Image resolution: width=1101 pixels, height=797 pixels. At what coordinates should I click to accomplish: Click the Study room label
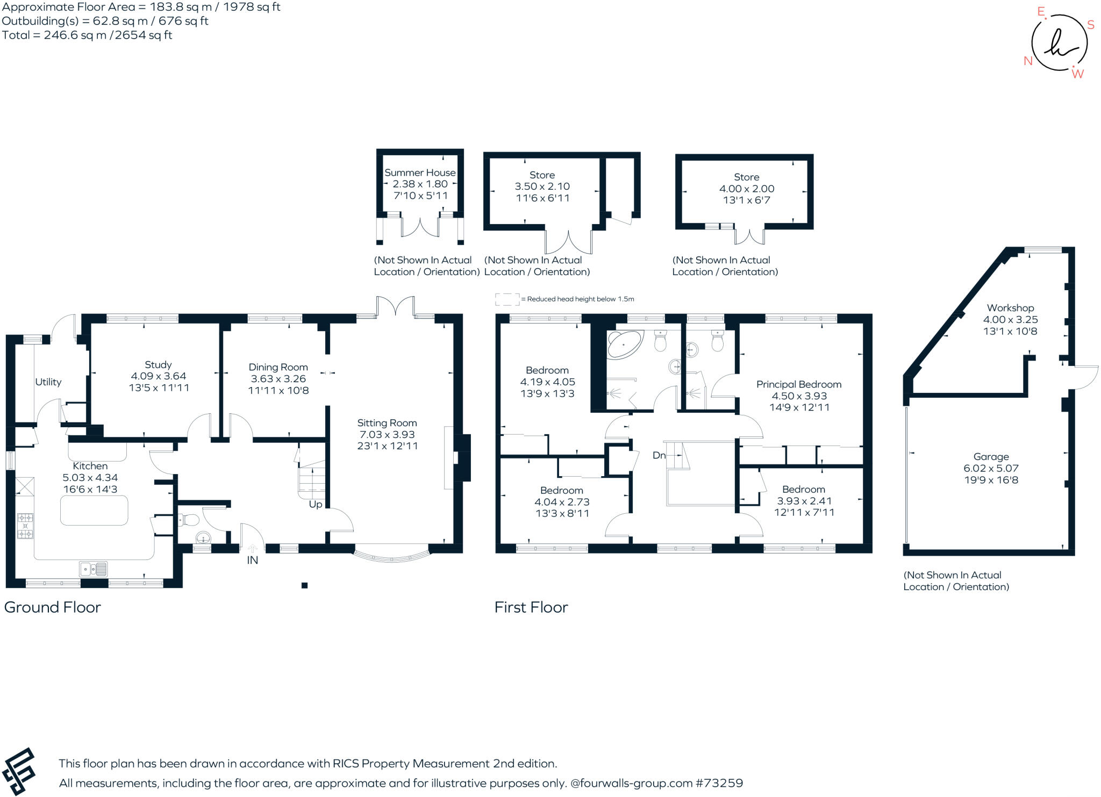[x=158, y=364]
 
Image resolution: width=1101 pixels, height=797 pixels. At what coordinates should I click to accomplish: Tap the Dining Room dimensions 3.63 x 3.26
[x=278, y=379]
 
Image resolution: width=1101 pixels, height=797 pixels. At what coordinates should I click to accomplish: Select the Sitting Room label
[x=387, y=423]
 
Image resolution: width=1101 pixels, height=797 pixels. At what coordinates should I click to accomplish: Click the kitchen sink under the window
[x=93, y=568]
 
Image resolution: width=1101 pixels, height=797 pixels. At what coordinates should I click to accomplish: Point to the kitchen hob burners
[x=25, y=526]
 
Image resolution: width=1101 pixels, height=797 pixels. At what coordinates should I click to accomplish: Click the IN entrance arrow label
[x=252, y=560]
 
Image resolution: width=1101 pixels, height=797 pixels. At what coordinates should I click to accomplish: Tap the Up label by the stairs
[x=316, y=505]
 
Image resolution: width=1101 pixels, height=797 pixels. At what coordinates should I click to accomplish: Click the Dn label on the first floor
[x=659, y=455]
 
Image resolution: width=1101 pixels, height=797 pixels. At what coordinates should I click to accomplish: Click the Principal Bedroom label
[x=798, y=384]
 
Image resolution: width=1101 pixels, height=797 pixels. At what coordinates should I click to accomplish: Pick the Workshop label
[x=1010, y=308]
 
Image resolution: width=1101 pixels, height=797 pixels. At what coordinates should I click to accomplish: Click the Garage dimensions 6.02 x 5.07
[x=991, y=468]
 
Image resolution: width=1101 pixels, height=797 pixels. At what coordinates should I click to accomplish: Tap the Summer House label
[x=420, y=173]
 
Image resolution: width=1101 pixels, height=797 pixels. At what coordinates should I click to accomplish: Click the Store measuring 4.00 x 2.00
[x=746, y=189]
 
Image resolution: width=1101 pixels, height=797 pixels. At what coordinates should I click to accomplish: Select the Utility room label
[x=48, y=382]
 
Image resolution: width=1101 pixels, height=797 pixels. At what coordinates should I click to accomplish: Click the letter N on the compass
[x=1028, y=61]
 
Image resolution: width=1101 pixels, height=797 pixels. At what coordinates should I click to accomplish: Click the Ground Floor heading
[x=53, y=607]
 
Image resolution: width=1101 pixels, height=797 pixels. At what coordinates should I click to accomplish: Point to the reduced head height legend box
[x=507, y=299]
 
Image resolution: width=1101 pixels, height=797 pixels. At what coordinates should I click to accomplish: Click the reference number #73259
[x=719, y=783]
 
